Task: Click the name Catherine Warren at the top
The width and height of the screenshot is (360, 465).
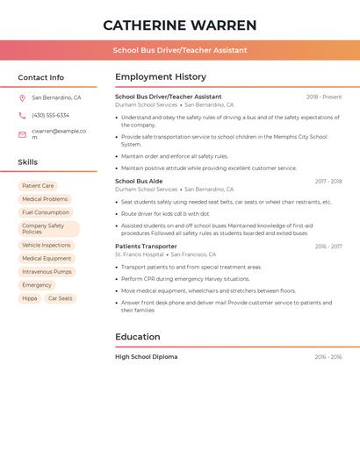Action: (180, 25)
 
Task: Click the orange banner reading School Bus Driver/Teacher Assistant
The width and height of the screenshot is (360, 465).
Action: (180, 50)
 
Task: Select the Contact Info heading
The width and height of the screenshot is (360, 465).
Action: (41, 77)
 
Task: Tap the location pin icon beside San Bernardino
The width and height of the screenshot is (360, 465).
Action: (22, 97)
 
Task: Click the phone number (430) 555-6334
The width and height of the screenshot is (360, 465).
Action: (50, 115)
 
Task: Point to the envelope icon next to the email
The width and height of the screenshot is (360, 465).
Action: (22, 134)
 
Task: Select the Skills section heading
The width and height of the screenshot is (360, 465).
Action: (28, 162)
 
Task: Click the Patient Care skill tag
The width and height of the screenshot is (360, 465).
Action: (38, 186)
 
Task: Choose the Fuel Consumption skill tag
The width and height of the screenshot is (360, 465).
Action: (46, 212)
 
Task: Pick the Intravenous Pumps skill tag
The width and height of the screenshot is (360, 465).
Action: (47, 272)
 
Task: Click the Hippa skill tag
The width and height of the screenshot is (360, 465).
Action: (30, 298)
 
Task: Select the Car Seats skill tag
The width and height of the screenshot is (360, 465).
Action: (61, 298)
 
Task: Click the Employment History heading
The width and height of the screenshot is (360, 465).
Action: (161, 77)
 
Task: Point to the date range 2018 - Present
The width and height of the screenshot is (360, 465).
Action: (324, 97)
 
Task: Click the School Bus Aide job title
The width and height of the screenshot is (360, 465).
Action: (139, 182)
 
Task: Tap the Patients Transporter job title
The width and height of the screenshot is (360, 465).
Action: (146, 247)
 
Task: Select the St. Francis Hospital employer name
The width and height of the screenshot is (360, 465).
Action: (140, 254)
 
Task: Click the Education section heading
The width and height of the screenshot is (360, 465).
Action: (138, 337)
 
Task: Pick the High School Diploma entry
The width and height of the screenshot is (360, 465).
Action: (147, 357)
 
